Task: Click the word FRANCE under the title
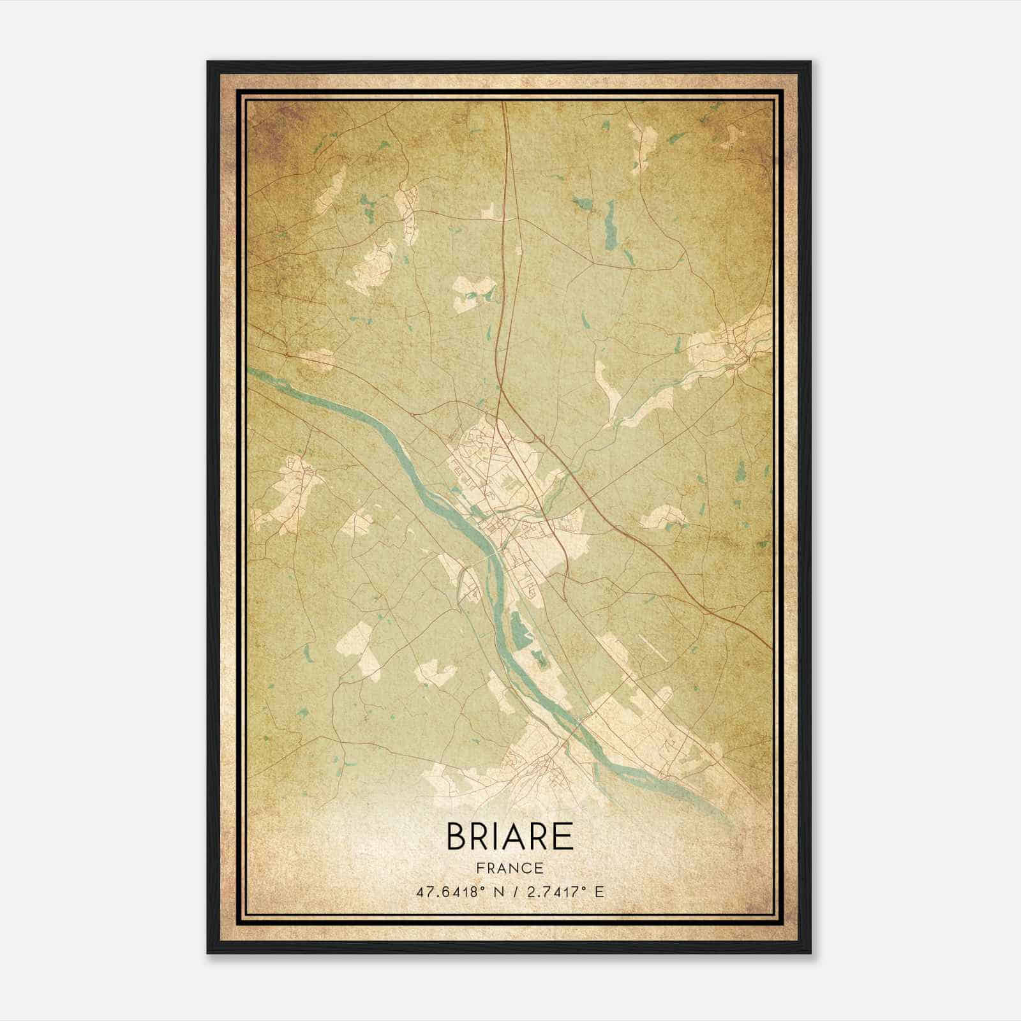click(509, 868)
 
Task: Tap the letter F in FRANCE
click(479, 868)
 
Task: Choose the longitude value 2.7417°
click(554, 892)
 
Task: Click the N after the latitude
click(491, 892)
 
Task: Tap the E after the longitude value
click(599, 892)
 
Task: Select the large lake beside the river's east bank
click(518, 629)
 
